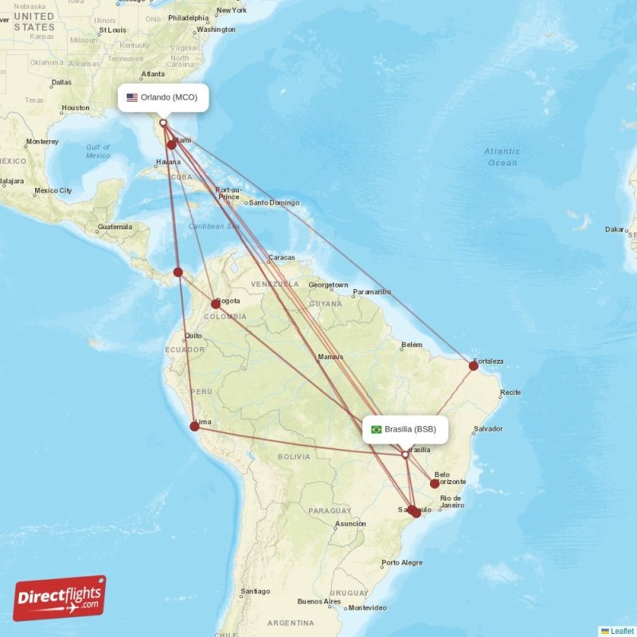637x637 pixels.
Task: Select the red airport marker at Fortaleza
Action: tap(474, 365)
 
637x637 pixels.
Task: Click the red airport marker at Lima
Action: tap(194, 426)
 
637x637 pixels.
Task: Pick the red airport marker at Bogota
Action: tap(216, 303)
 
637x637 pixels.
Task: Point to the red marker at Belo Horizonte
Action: tap(435, 483)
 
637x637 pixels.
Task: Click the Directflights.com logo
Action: tap(60, 598)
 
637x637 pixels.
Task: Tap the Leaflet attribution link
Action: tap(621, 631)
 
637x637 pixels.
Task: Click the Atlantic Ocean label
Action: tap(502, 157)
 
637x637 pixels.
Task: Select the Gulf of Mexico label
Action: tap(98, 151)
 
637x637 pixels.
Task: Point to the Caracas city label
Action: tap(282, 257)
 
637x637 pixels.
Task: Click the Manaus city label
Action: tap(330, 357)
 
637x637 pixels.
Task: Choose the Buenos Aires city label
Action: tap(318, 601)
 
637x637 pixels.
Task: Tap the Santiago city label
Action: tap(256, 591)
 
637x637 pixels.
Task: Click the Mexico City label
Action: tap(53, 191)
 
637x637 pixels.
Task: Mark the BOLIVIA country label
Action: tap(294, 456)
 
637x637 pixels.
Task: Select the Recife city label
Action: tap(510, 393)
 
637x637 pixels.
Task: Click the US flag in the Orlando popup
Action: tap(132, 98)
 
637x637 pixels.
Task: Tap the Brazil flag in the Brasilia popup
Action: tap(377, 429)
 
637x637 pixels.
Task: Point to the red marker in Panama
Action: tap(178, 272)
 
